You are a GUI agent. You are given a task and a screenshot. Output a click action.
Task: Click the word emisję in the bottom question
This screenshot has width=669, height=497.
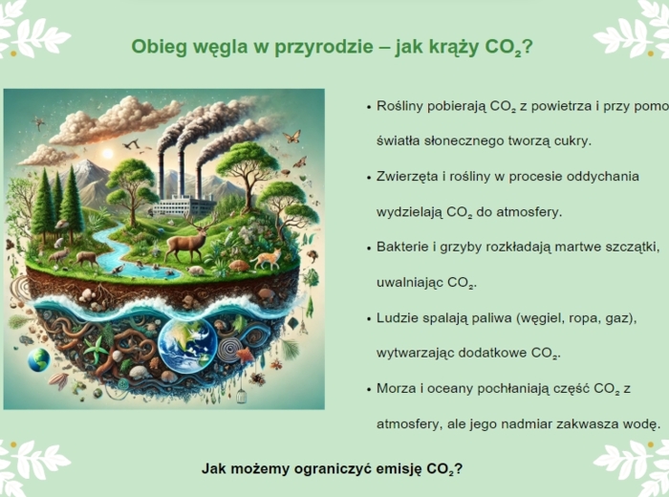coord(378,469)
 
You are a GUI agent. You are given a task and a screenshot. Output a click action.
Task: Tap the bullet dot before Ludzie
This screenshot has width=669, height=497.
coord(368,317)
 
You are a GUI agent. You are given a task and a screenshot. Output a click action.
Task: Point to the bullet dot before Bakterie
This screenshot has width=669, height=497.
coord(368,248)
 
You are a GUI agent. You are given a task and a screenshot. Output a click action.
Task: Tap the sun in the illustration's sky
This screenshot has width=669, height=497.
coord(107,153)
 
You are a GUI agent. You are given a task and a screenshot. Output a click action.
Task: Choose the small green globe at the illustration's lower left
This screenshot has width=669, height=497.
coord(38,359)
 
